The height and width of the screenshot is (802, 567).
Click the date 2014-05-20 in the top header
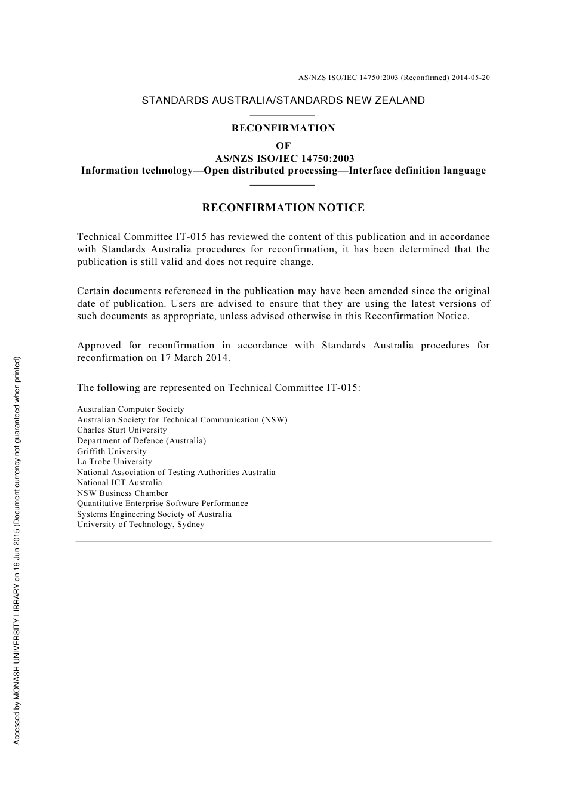coord(471,78)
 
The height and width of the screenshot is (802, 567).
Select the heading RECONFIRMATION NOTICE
coord(283,208)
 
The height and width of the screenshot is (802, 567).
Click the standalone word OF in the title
coord(283,146)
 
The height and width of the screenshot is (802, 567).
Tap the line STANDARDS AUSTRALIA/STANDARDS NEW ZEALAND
coord(283,100)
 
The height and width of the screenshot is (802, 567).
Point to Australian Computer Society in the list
coord(131,409)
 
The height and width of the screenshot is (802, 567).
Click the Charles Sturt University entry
coord(122,430)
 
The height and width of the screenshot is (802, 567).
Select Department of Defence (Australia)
coord(141,441)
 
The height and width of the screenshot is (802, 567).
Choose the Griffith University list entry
coord(112,452)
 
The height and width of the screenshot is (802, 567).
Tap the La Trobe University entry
coord(115,462)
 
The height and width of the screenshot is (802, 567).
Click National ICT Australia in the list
coord(119,483)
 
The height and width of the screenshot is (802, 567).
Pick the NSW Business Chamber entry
coord(122,493)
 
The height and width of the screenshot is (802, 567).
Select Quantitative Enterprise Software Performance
coord(162,504)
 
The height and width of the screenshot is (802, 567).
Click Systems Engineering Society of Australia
coord(154,514)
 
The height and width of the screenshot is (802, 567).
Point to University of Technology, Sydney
coord(141,525)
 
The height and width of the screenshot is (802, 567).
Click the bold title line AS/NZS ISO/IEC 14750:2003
coord(284,158)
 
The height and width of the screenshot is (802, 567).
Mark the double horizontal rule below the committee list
coord(283,541)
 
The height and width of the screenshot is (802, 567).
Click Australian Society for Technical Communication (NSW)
coord(182,420)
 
